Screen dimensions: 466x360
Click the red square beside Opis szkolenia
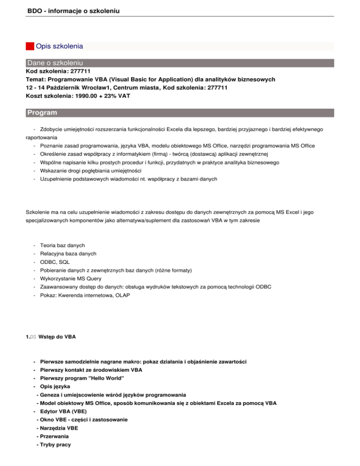(x=30, y=46)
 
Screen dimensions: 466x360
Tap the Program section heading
(x=42, y=113)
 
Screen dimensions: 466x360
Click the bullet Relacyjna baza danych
(x=68, y=253)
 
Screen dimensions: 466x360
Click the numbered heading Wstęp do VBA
(x=56, y=337)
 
